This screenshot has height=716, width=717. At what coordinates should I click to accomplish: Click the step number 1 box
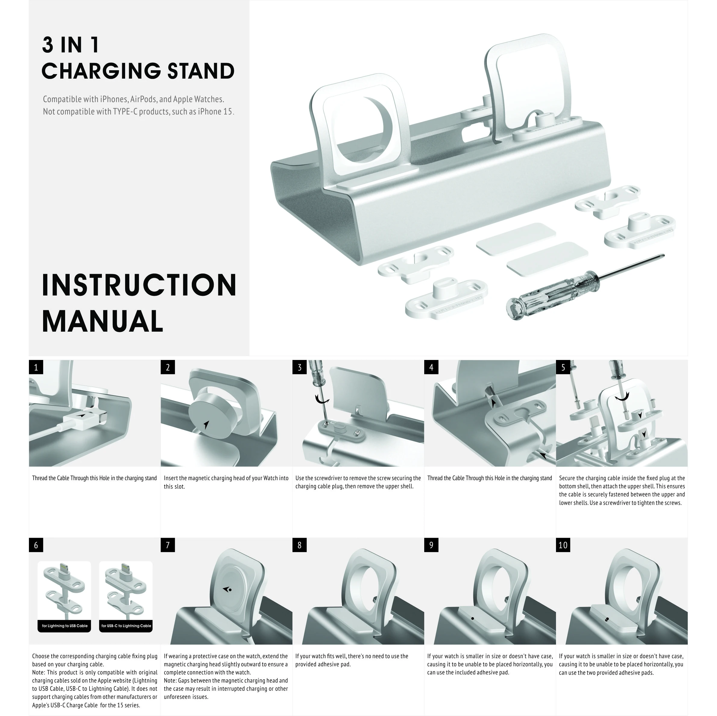pos(36,367)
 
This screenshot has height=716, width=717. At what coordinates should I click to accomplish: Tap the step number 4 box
pos(431,367)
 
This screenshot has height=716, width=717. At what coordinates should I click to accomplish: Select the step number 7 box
pos(168,545)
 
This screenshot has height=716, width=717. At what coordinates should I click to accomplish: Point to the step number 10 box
pos(563,545)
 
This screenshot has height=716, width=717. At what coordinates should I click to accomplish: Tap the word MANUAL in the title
pos(103,321)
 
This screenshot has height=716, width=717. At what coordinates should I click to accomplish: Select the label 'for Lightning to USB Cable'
pos(65,626)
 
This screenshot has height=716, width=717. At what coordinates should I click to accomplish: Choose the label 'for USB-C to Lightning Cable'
pos(126,626)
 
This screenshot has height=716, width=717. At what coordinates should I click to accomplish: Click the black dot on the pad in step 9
pos(472,618)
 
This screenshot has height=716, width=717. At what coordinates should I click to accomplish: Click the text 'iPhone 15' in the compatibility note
pos(215,112)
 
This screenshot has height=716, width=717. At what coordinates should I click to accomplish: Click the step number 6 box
pos(36,545)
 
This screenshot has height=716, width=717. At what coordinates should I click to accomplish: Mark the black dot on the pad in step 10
pos(607,619)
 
